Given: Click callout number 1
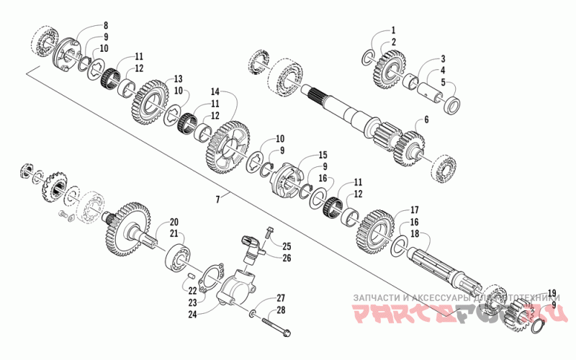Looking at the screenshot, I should coord(394,30).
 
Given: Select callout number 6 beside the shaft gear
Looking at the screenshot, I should coord(426,120).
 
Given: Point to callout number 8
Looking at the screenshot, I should coord(106,25).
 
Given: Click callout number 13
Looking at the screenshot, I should coord(178,78).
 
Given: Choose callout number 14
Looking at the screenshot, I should coord(215,92).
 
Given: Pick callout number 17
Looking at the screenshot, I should coord(414,210).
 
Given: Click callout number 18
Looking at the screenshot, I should coord(414,234).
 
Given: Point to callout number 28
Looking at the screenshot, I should coord(282,310).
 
